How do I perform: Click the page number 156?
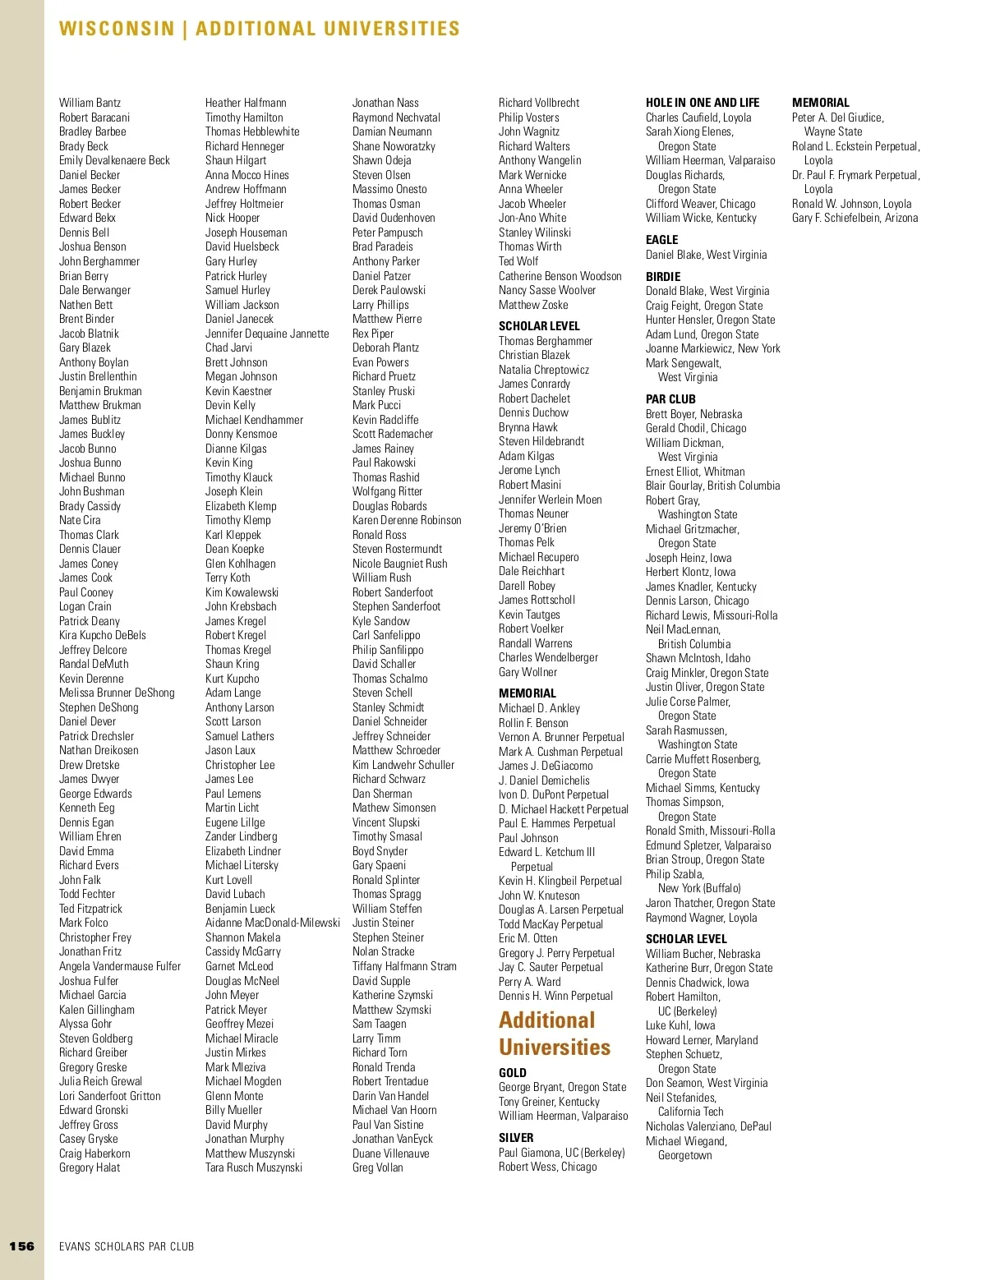[x=22, y=1245]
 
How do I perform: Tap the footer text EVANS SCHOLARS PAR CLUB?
[x=127, y=1246]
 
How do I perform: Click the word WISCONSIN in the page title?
[x=117, y=29]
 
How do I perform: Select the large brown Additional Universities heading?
[x=554, y=1034]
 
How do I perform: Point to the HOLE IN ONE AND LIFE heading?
[x=702, y=103]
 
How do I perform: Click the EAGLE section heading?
[x=661, y=240]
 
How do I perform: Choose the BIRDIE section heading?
[x=662, y=277]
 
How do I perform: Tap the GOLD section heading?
[x=512, y=1073]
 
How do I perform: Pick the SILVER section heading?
[x=515, y=1138]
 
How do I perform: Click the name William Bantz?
[x=90, y=103]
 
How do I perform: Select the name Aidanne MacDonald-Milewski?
[x=272, y=923]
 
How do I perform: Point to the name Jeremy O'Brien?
[x=532, y=528]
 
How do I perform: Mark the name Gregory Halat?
[x=90, y=1167]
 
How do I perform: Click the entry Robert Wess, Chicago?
[x=547, y=1167]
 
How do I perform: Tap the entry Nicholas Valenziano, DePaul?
[x=708, y=1126]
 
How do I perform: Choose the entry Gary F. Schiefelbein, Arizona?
[x=855, y=218]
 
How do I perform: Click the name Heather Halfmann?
[x=246, y=103]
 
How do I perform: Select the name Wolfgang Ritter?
[x=387, y=491]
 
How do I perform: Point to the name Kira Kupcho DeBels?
[x=102, y=635]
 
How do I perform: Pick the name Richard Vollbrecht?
[x=538, y=103]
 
